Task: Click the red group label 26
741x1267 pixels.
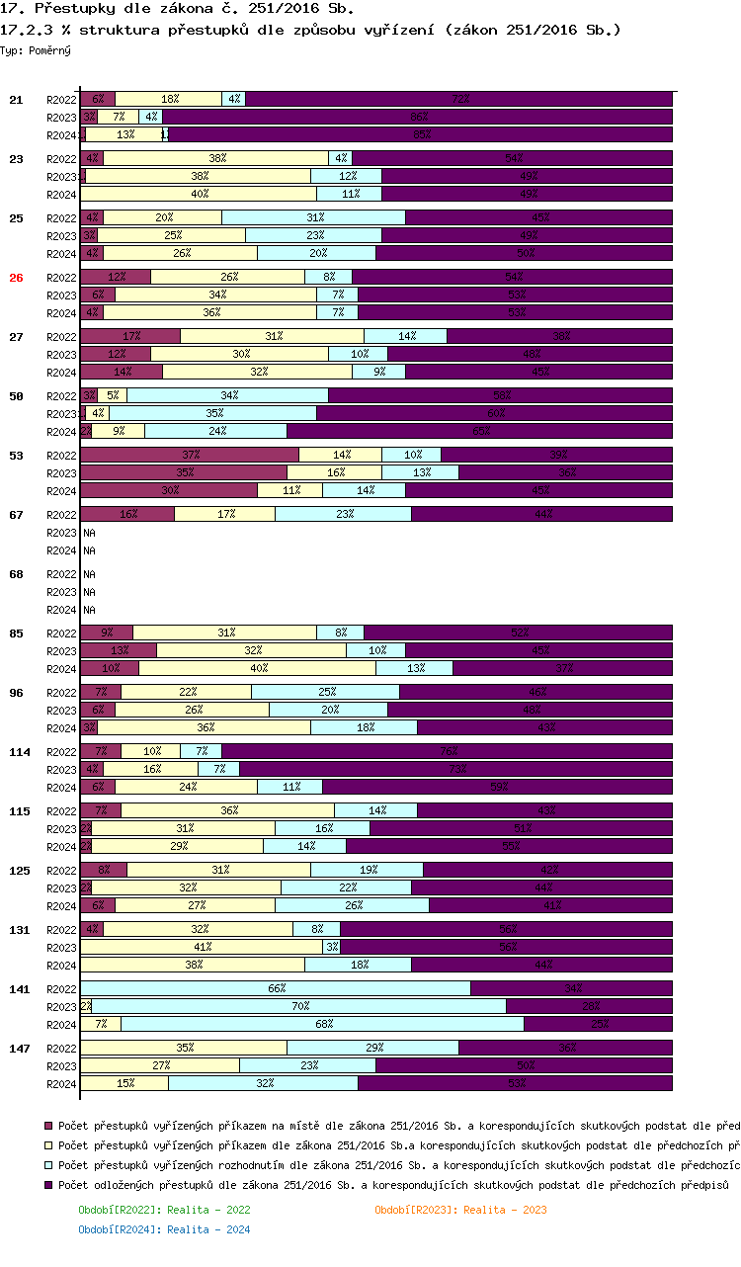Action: point(16,278)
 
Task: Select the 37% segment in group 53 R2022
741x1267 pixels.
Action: point(190,455)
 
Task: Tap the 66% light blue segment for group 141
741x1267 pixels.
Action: point(276,988)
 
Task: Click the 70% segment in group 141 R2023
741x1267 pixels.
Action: point(299,1006)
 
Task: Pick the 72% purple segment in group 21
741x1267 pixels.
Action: point(458,99)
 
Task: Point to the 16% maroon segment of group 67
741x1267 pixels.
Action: point(127,514)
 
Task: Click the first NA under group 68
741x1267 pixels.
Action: point(89,573)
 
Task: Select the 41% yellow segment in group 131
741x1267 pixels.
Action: point(202,947)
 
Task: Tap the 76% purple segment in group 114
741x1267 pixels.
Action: point(447,751)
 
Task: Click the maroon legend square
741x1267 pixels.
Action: point(49,1126)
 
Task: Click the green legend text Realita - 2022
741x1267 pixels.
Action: point(164,1210)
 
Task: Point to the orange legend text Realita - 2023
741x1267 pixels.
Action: point(460,1210)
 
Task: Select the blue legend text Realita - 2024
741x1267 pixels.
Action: point(164,1229)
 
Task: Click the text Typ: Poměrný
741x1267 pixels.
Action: point(36,49)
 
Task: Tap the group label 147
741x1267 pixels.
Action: point(20,1048)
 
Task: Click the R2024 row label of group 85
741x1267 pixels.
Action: point(61,669)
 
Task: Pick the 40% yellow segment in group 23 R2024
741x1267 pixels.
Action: point(199,194)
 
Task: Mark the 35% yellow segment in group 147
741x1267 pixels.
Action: point(184,1048)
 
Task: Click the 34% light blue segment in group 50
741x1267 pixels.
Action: point(228,395)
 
